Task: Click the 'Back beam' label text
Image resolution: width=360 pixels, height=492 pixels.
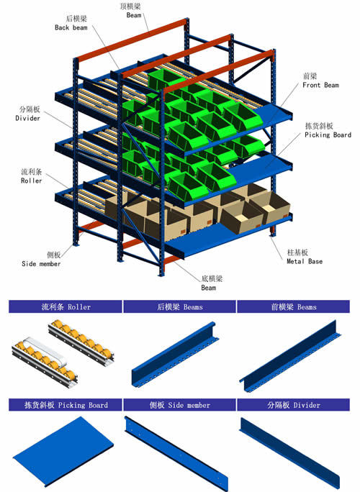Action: point(71,27)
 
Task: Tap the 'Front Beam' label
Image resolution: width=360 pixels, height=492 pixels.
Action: point(320,85)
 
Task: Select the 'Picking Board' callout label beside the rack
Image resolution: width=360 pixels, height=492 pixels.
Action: point(328,135)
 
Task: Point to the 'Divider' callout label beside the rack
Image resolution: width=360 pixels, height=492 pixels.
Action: point(27,118)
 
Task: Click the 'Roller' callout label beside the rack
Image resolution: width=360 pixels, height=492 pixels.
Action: point(31,181)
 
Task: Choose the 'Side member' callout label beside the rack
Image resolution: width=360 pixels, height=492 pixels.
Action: point(41,263)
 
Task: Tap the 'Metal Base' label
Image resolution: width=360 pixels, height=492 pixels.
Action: point(305,261)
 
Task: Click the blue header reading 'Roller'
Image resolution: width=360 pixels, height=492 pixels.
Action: point(66,306)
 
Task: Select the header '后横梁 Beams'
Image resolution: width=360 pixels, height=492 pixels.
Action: point(179,306)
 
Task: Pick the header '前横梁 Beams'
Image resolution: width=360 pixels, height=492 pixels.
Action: point(294,306)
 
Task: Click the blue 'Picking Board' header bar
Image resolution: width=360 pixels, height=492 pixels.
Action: point(66,405)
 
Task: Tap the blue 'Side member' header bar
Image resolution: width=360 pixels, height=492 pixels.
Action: point(179,405)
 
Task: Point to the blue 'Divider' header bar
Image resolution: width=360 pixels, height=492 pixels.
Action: point(294,405)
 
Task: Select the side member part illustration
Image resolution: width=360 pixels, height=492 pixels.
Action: point(176,453)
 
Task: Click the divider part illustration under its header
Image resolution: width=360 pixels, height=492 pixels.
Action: point(289,452)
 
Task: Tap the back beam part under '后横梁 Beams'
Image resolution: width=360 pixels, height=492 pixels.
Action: point(175,354)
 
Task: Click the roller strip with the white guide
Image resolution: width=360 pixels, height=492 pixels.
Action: point(45,362)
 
